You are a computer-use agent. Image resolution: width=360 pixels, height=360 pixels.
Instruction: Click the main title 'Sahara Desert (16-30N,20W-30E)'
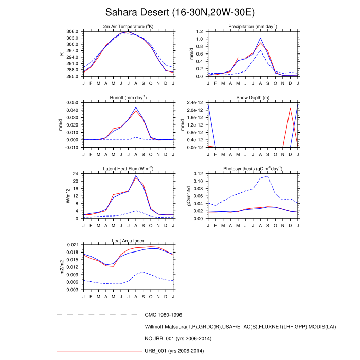tap(179, 11)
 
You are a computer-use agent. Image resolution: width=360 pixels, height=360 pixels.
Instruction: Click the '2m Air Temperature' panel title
tap(128, 27)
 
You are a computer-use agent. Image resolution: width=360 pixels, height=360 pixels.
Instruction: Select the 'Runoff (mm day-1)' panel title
tap(128, 98)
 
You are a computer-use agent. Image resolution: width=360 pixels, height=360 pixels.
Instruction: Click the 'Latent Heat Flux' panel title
tap(128, 169)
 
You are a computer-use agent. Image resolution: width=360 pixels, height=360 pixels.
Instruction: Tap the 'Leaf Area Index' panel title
tap(128, 240)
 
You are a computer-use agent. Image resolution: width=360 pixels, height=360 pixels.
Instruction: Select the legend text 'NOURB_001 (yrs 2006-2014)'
tap(178, 339)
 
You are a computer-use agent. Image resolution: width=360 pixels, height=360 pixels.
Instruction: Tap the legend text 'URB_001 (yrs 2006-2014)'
tap(175, 351)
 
